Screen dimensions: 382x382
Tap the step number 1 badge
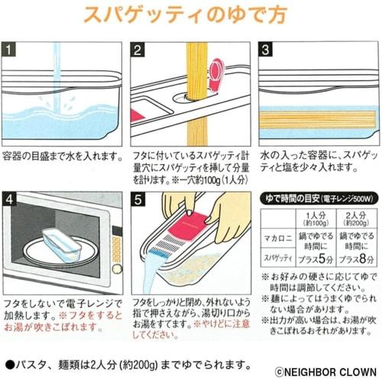coord(10,51)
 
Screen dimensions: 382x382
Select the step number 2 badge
coord(138,51)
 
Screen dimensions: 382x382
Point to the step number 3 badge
coord(267,51)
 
